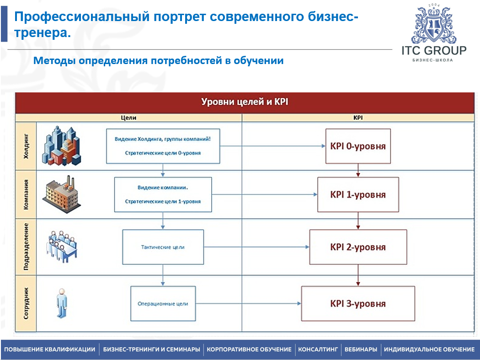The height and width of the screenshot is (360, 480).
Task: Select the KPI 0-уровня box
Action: tap(358, 146)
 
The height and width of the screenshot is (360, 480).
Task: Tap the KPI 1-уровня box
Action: tap(358, 194)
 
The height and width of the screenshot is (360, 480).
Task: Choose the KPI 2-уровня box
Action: tap(358, 247)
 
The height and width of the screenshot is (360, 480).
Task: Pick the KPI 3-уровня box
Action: tap(358, 304)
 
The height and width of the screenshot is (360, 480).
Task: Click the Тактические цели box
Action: tap(163, 247)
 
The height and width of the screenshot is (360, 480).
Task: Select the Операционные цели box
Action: tap(163, 303)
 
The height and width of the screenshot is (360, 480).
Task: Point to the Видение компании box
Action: tap(163, 194)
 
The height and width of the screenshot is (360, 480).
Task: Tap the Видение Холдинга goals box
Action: tap(163, 146)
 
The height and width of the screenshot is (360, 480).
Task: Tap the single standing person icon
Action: tap(61, 303)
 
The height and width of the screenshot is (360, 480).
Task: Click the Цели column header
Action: tap(128, 118)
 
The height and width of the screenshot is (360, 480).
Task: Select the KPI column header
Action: tap(358, 118)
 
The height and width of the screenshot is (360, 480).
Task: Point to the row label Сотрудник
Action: tap(26, 303)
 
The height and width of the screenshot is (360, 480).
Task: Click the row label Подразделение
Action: tap(26, 247)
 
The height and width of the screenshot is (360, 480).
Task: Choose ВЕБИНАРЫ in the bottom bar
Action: tap(361, 349)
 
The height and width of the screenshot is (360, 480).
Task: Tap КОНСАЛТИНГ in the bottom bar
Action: tap(318, 349)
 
